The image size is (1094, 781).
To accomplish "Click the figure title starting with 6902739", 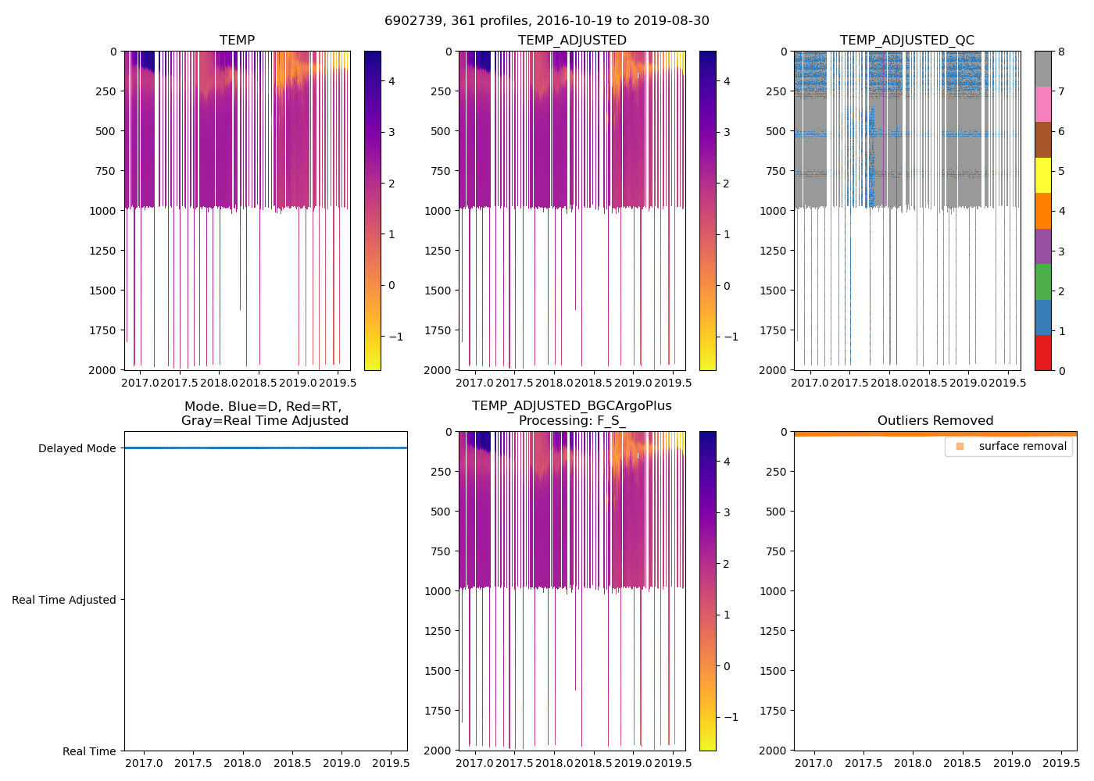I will click(x=546, y=21).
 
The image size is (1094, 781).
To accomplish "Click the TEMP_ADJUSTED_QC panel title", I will click(x=906, y=41).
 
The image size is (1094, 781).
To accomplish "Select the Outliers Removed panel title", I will click(x=935, y=421).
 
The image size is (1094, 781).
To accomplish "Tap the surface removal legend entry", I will click(x=1021, y=447).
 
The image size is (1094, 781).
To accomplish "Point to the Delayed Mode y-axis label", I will click(x=77, y=448).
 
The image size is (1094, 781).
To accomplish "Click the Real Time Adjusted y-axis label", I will click(x=63, y=600).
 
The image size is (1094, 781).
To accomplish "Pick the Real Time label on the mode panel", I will click(x=89, y=751).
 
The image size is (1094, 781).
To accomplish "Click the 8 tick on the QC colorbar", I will click(x=1061, y=52).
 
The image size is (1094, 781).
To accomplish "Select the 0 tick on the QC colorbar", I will click(x=1061, y=370).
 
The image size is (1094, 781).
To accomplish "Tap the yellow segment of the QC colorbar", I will click(x=1042, y=176).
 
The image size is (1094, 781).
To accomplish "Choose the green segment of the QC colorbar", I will click(x=1042, y=282).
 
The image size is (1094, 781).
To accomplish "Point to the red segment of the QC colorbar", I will click(x=1042, y=353).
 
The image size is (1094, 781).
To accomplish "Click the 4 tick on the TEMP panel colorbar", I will click(x=391, y=81).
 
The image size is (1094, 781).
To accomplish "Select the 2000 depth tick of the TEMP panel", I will click(x=102, y=370).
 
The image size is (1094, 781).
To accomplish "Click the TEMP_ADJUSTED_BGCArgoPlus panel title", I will click(x=571, y=413).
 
